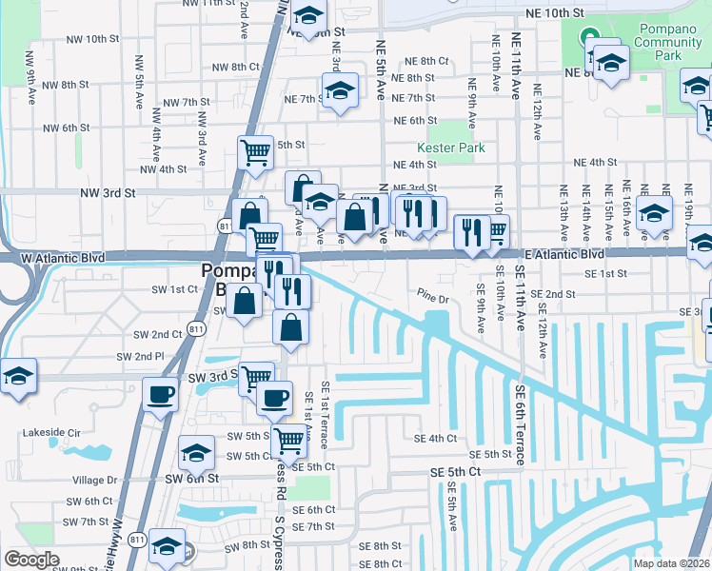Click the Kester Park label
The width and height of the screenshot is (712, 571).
point(450,148)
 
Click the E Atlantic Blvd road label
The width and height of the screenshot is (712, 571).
point(564,255)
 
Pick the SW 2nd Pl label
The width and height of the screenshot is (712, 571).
point(140,356)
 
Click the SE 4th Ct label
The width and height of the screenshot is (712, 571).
point(436,438)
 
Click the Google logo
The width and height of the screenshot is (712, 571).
point(31,560)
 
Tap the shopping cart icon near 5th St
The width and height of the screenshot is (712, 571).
point(255,152)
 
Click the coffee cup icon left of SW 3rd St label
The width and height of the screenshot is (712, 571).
point(160,393)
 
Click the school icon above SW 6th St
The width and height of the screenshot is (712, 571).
point(196,451)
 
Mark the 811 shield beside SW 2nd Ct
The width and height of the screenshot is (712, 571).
point(196,329)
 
